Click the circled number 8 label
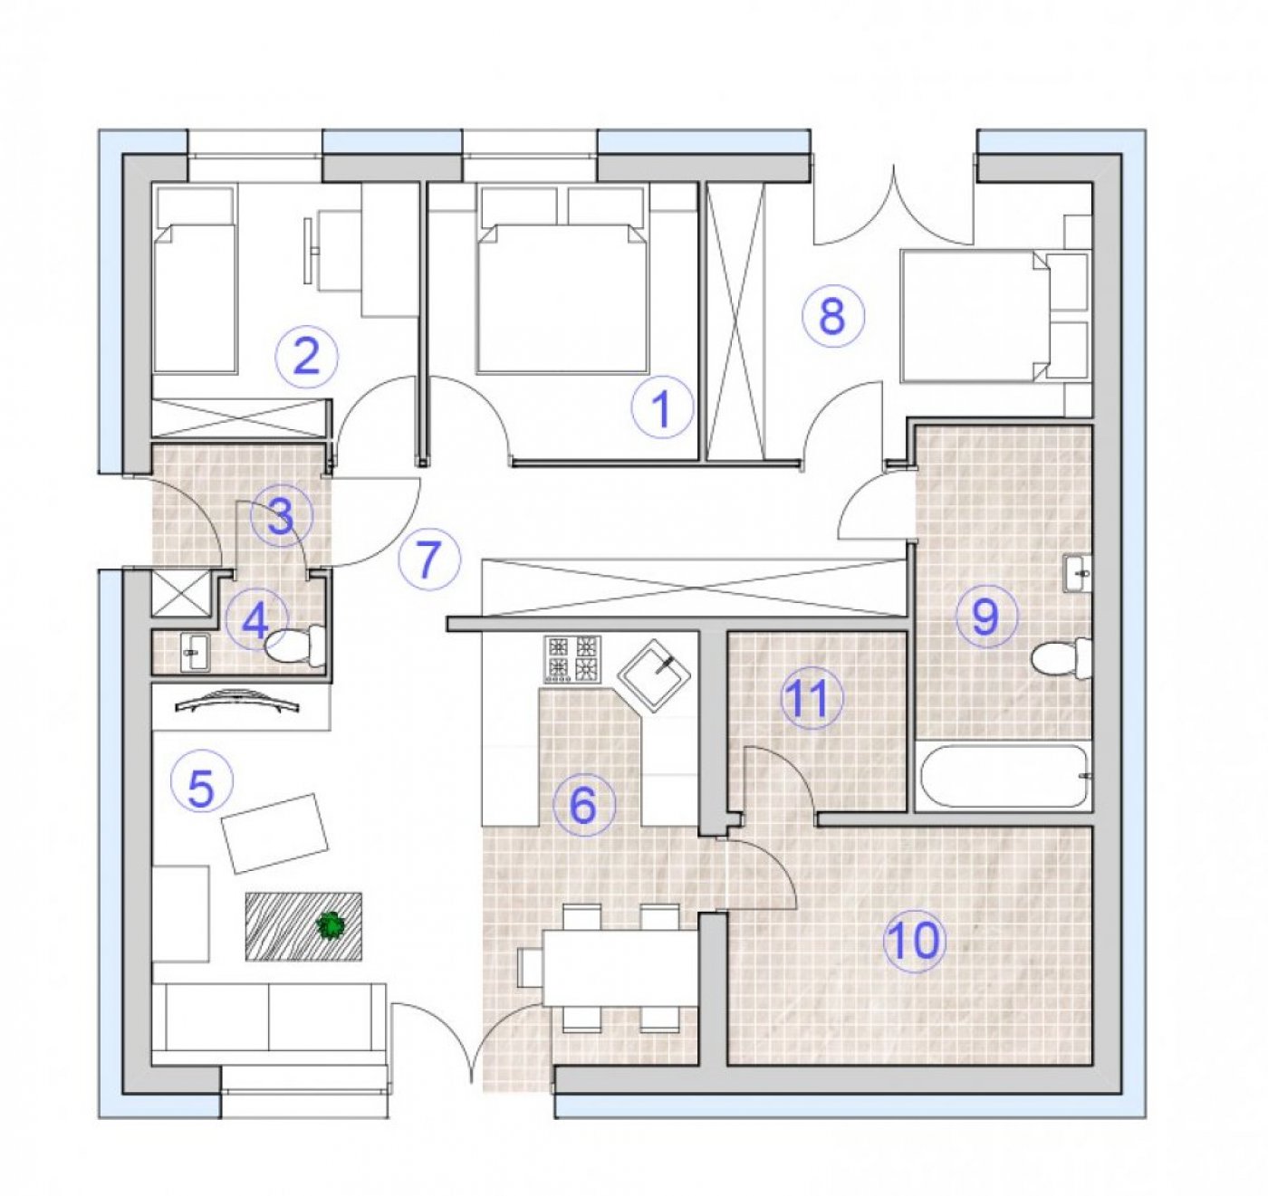[x=832, y=317]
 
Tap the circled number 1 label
[x=662, y=408]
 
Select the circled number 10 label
[x=915, y=942]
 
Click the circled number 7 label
[x=428, y=558]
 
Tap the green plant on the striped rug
[x=330, y=926]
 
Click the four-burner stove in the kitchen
[x=572, y=660]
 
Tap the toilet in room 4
[x=295, y=645]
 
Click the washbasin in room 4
[x=195, y=652]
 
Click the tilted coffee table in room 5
[x=275, y=833]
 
